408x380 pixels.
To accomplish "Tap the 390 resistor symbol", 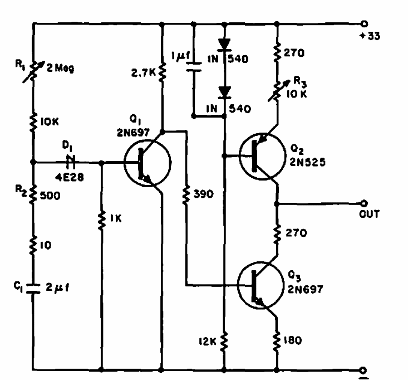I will (186, 193).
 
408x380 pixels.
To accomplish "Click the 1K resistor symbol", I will (102, 219).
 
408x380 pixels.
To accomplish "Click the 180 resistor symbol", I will (277, 338).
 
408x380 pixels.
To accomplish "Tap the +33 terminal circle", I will (365, 24).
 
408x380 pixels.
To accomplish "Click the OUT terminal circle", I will (365, 203).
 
